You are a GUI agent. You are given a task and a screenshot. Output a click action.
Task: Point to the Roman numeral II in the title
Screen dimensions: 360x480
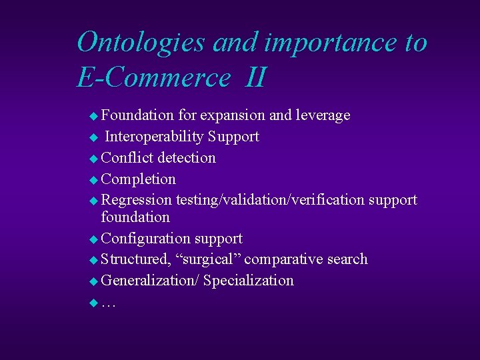click(255, 78)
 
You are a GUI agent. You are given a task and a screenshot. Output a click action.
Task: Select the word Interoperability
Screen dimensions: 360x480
click(154, 137)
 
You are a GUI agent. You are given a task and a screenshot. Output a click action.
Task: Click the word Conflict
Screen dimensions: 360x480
click(127, 158)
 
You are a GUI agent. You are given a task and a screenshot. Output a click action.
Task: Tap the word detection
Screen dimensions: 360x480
click(187, 158)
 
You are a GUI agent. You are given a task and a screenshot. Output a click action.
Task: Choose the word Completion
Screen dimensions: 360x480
click(139, 179)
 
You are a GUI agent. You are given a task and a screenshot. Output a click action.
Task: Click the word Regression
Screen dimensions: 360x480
click(137, 200)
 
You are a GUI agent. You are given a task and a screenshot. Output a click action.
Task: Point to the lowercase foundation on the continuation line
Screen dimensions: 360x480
click(135, 217)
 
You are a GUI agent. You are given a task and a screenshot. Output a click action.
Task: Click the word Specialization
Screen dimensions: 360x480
click(248, 281)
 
